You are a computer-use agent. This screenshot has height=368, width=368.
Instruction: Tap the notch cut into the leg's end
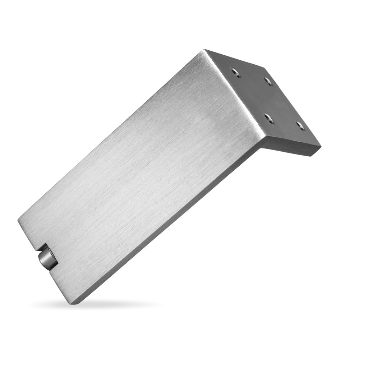click(42, 252)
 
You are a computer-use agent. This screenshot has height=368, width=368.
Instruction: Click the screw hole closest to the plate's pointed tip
click(300, 126)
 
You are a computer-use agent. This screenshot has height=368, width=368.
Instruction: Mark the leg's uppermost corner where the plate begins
click(205, 50)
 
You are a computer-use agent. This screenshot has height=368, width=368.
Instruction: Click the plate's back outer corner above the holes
click(264, 68)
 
